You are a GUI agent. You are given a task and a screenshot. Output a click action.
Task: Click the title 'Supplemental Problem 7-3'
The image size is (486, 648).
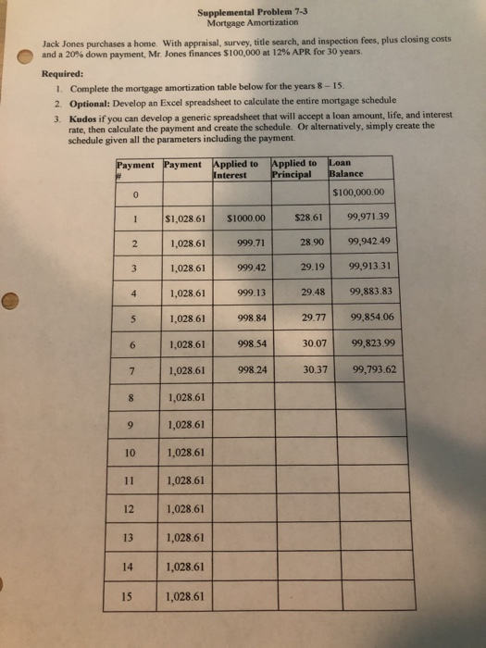[x=246, y=13]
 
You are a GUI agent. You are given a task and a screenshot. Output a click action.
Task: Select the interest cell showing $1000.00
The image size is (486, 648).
[x=245, y=219]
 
